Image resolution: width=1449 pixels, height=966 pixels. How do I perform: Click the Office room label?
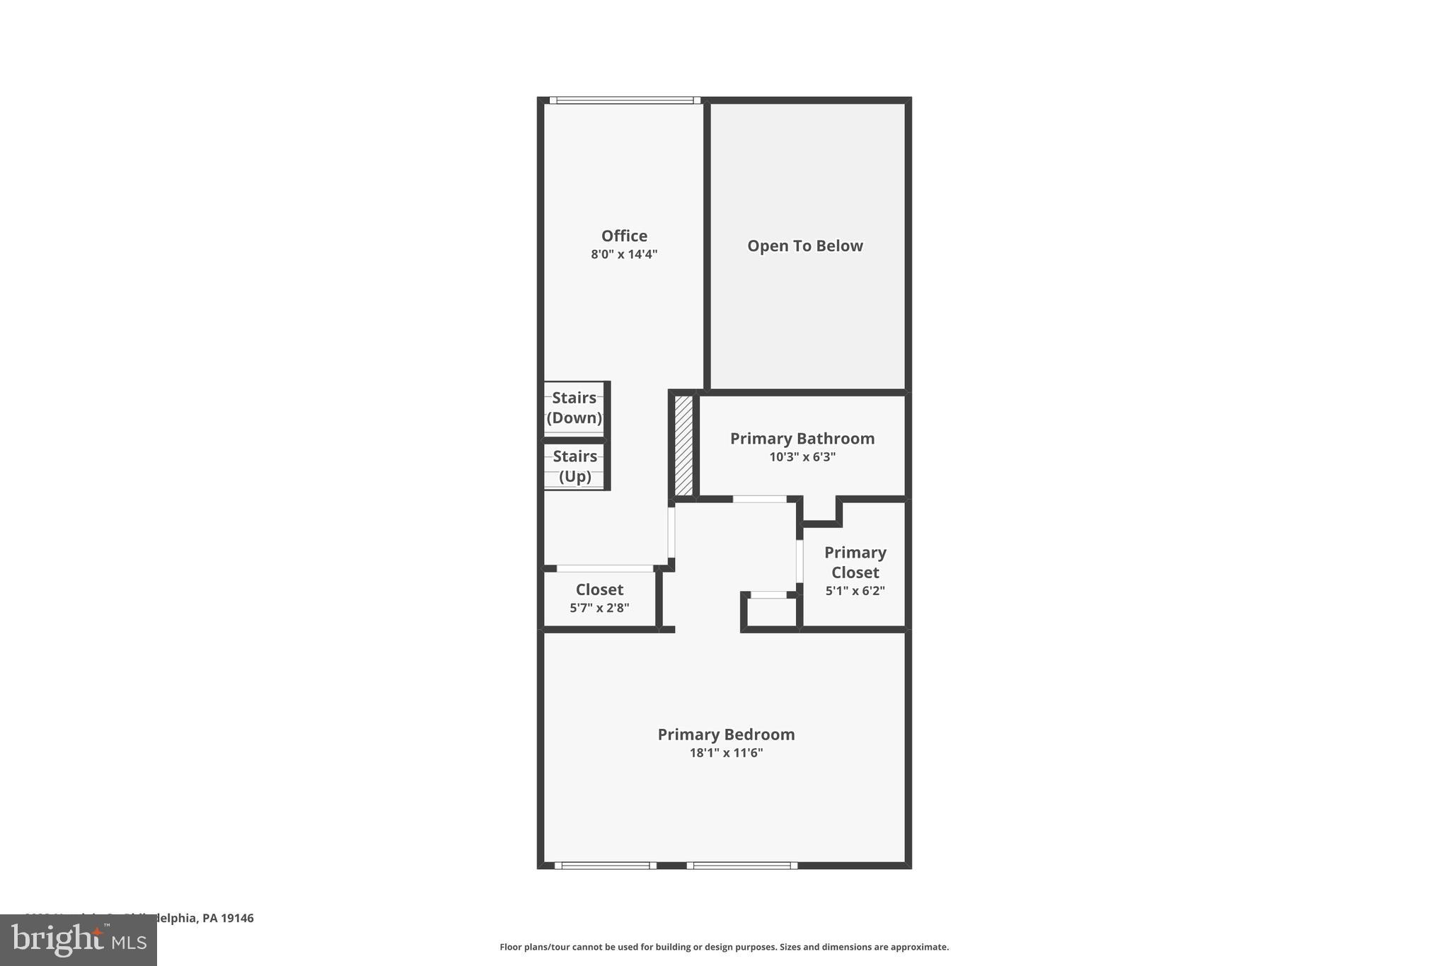tap(624, 236)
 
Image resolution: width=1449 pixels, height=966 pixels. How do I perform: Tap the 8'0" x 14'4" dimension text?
tap(624, 254)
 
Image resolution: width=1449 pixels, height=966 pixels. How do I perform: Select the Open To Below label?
tap(805, 246)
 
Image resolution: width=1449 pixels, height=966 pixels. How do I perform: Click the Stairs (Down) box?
tap(574, 408)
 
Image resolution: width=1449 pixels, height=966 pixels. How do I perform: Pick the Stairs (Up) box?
tap(575, 466)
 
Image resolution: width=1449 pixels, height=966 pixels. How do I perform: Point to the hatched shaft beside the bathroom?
tap(683, 445)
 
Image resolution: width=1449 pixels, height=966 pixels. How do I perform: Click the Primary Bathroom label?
tap(802, 439)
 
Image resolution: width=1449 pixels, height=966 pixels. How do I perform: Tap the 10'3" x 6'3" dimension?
tap(802, 457)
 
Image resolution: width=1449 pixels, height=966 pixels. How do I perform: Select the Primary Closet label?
tap(855, 562)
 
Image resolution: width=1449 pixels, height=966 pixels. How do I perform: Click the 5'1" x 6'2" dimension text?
tap(855, 591)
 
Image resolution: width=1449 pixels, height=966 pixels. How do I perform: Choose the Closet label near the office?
tap(599, 590)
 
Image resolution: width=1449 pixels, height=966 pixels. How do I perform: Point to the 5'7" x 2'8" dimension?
tap(599, 608)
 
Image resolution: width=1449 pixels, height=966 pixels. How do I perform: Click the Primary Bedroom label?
tap(726, 735)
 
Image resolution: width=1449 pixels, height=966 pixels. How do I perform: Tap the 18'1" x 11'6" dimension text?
tap(726, 753)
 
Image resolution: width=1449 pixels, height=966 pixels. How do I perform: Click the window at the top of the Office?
tap(625, 100)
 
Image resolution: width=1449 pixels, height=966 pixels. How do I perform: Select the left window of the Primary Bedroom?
tap(605, 865)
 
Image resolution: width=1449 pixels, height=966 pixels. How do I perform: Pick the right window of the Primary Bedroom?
tap(741, 865)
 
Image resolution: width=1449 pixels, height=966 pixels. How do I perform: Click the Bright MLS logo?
tap(78, 941)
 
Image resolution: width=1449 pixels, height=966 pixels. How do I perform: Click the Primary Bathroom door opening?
tap(759, 499)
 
